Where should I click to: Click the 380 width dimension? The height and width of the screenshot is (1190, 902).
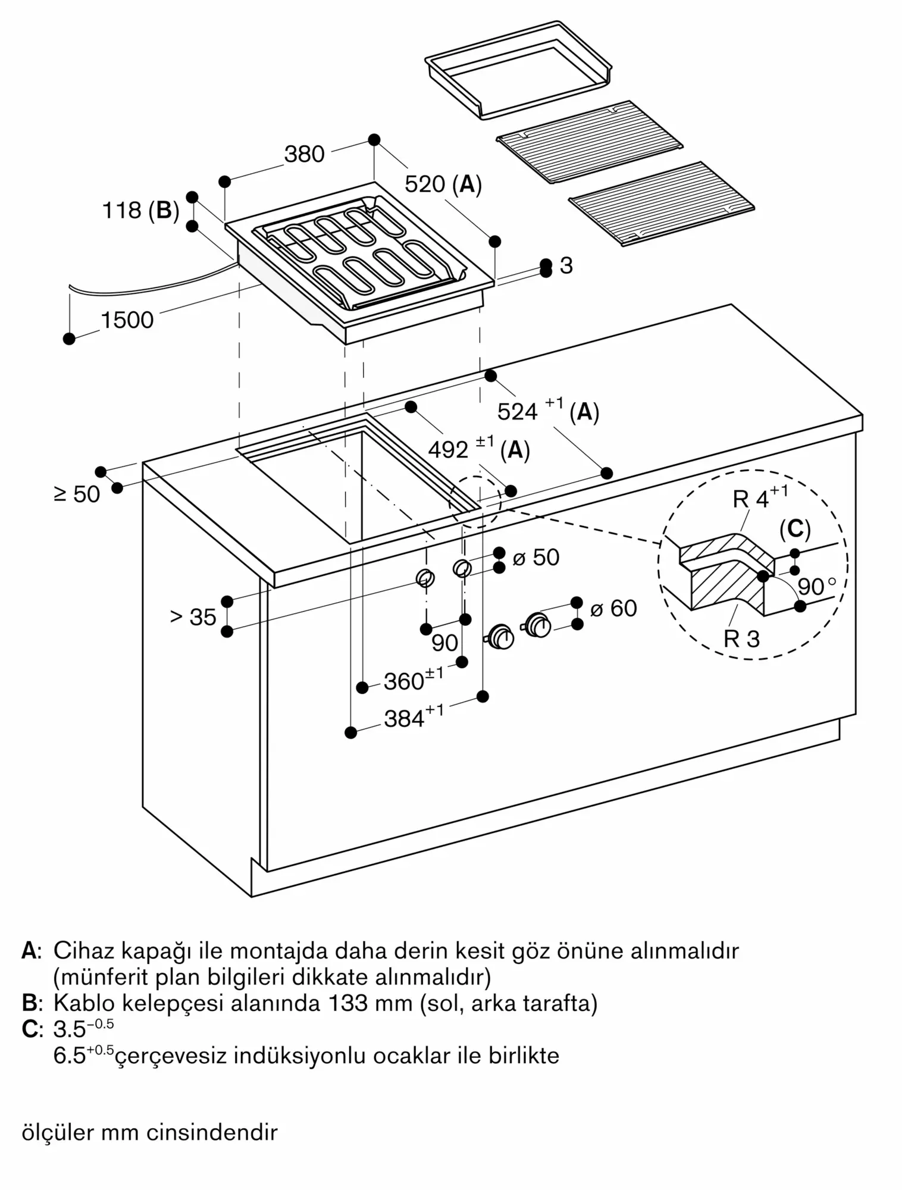coord(304,154)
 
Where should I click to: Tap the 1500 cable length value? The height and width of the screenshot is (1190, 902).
coord(127,321)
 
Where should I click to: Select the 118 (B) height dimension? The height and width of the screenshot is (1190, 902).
coord(141,210)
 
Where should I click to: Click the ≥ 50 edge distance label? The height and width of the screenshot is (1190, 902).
coord(77,494)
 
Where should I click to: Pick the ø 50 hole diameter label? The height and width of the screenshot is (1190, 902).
coord(536,558)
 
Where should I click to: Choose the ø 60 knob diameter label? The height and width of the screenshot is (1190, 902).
coord(613,608)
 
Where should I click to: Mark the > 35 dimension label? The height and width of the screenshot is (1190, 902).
coord(193,617)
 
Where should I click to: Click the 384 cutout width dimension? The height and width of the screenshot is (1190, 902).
coord(413,718)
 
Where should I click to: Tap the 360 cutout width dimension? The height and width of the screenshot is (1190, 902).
coord(412,680)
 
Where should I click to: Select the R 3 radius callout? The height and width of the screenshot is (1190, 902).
coord(741,639)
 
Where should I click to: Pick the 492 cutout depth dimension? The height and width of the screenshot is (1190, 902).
coord(478,450)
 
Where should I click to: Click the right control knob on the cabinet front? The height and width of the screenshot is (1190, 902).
coord(538,625)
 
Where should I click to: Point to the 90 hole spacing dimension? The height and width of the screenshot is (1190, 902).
coord(444,643)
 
